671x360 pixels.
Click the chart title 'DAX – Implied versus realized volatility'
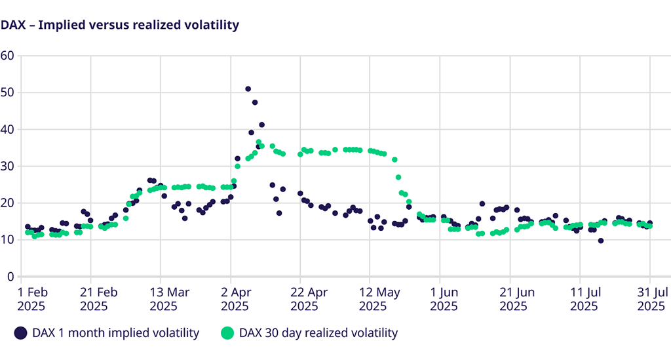(x=120, y=25)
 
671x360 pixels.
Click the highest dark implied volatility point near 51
(x=248, y=89)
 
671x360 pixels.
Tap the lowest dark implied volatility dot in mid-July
(x=600, y=241)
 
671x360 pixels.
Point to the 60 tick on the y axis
(x=8, y=55)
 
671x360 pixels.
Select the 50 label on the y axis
(x=8, y=92)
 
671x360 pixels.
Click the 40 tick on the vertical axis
(x=8, y=129)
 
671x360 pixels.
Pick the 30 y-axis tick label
(x=8, y=166)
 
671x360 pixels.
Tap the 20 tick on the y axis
(x=8, y=203)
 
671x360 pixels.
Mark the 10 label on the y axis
(x=8, y=240)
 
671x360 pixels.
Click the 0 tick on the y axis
(x=10, y=277)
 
